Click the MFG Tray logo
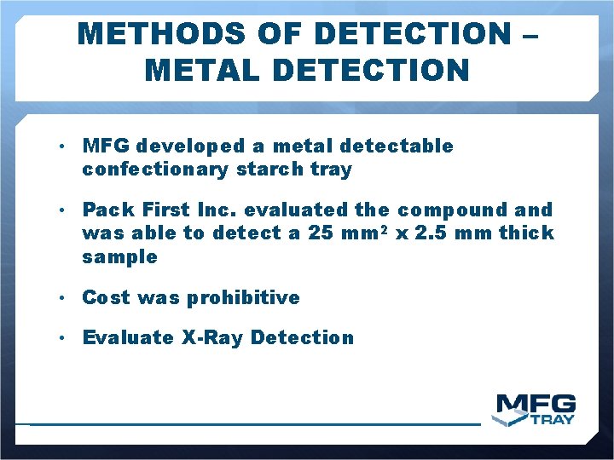tap(535, 409)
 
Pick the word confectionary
tap(155, 170)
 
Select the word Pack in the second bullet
tap(105, 210)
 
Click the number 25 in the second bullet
tap(321, 233)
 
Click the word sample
tap(119, 257)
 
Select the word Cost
tap(105, 298)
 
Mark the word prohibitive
tap(243, 298)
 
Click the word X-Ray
tap(211, 338)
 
